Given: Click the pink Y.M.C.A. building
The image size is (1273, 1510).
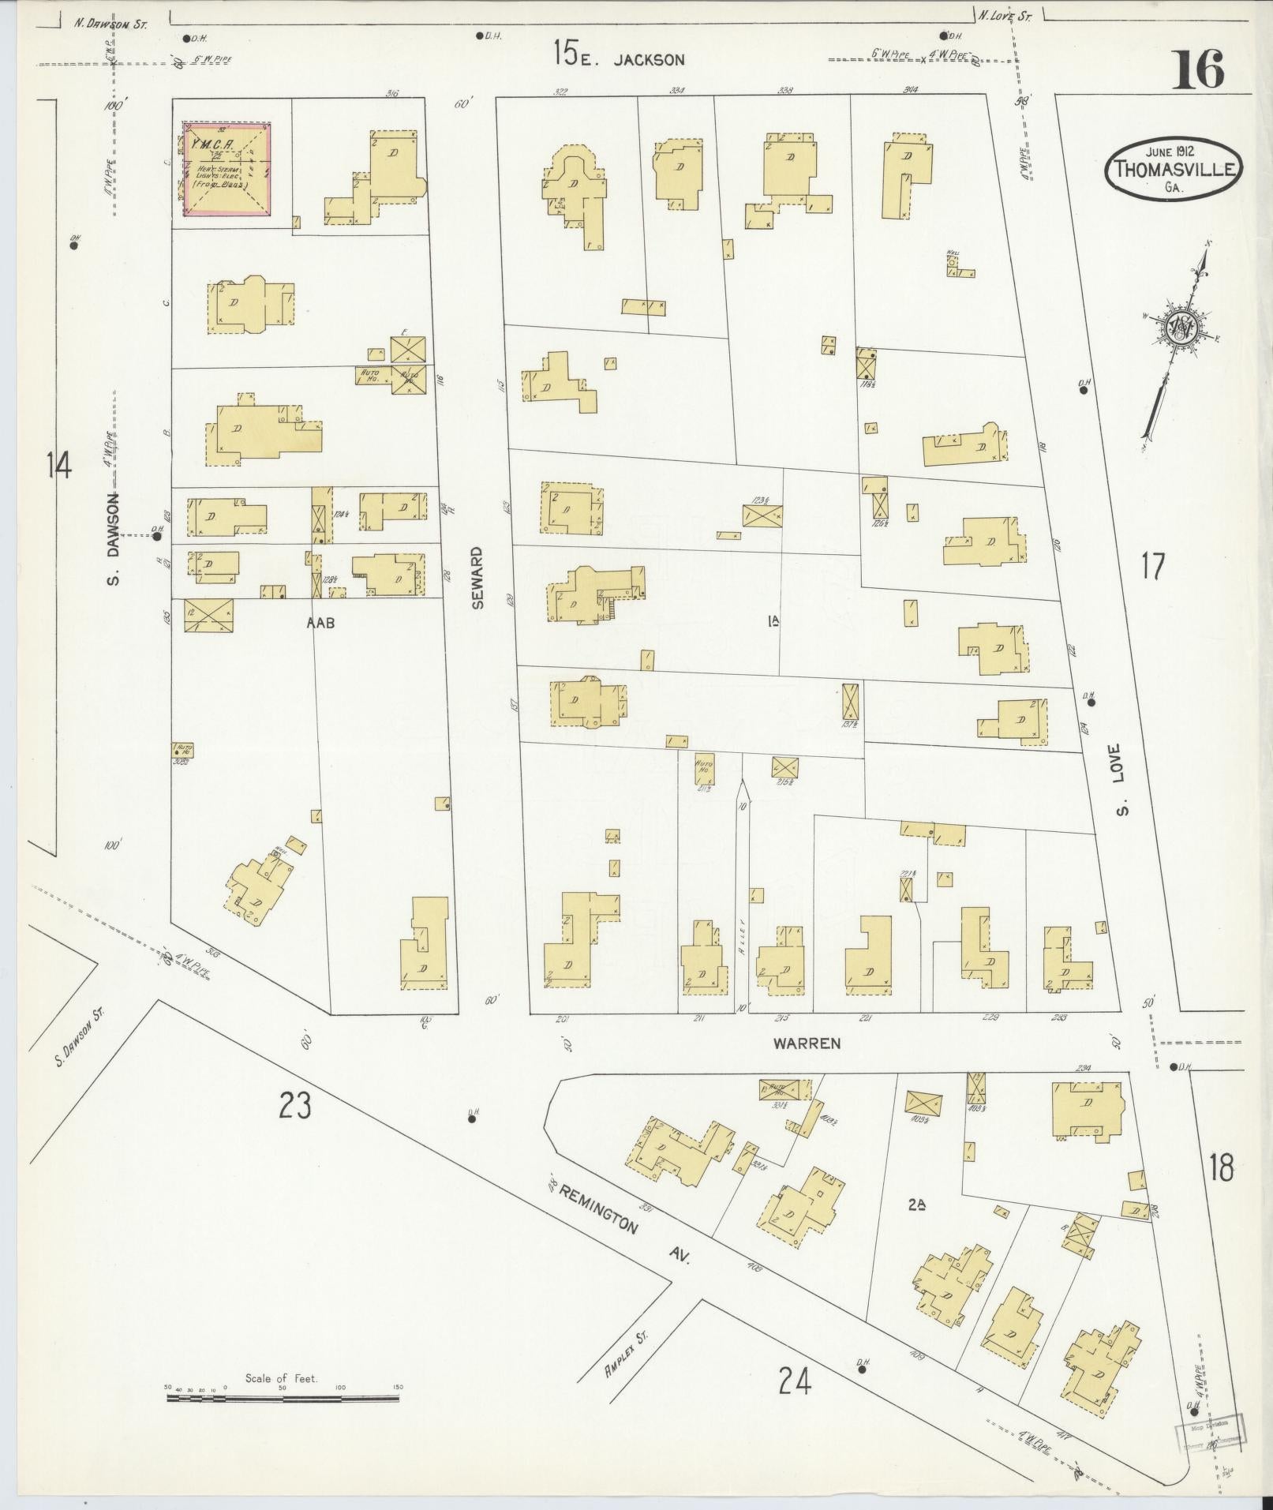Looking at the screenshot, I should click(227, 168).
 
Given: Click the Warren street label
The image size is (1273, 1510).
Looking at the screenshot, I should click(806, 1043).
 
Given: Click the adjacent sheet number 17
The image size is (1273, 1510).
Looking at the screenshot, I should click(1153, 567).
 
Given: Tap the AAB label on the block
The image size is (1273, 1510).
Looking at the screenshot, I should click(321, 623).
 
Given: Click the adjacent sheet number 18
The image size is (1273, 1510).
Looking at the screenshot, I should click(1220, 1167).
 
